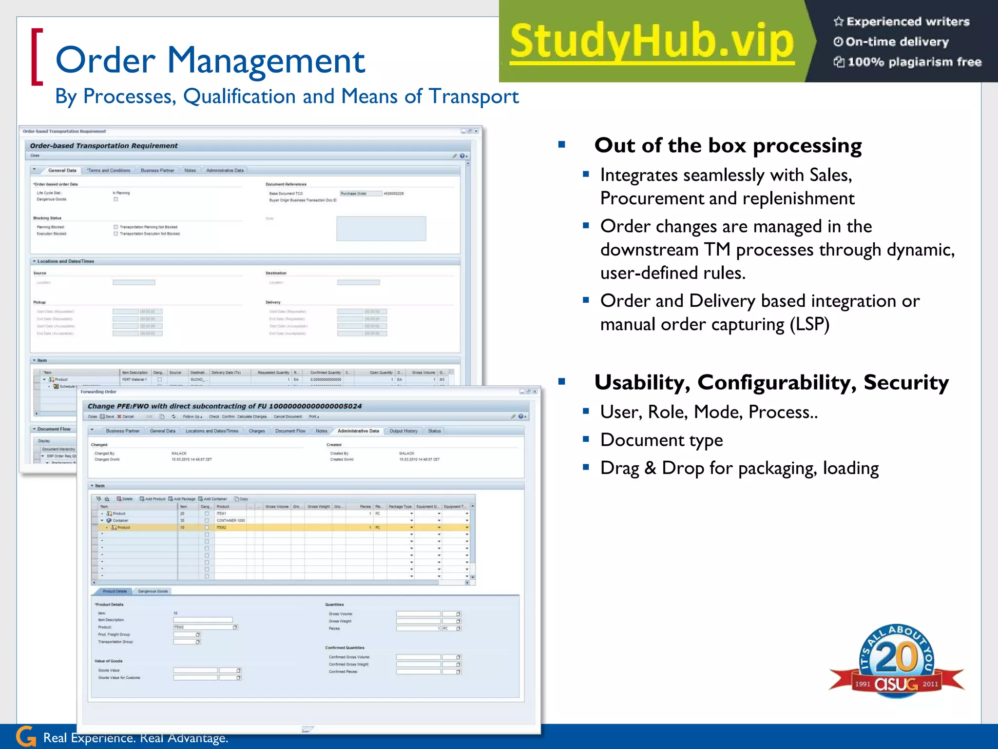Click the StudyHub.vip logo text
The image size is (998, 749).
(652, 42)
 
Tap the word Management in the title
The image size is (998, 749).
(266, 60)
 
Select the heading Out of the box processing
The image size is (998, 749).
(728, 145)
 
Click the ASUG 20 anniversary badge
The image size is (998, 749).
(897, 661)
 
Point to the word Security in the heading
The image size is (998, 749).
(906, 382)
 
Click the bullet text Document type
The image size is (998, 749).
(661, 440)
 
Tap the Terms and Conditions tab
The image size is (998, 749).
(109, 171)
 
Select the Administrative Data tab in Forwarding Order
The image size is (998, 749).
(358, 431)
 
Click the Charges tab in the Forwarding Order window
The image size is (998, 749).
(257, 431)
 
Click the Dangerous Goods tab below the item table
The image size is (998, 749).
(153, 591)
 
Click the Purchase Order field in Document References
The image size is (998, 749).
(360, 194)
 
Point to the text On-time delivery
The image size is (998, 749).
(897, 42)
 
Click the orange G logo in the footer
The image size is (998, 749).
(26, 736)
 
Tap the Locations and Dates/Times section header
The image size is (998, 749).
(65, 261)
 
